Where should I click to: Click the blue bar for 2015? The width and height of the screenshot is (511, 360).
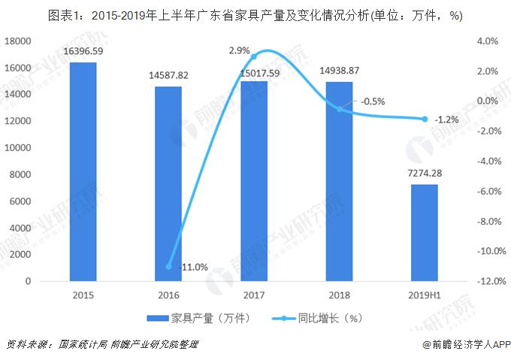pos(83,172)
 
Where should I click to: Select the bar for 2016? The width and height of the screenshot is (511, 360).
pos(168,184)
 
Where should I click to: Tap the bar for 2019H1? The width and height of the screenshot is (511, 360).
pos(425,233)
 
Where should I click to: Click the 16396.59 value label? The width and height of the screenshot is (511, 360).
pos(83,52)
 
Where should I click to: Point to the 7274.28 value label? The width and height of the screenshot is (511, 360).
pos(425,174)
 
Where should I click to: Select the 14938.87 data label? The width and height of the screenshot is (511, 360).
pos(340,71)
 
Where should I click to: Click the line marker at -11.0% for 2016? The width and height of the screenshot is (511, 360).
pos(168,266)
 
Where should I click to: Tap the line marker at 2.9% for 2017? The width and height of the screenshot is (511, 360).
pos(254,57)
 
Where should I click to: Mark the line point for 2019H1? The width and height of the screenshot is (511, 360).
pos(425,119)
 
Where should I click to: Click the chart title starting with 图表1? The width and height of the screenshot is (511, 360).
pos(255,14)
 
